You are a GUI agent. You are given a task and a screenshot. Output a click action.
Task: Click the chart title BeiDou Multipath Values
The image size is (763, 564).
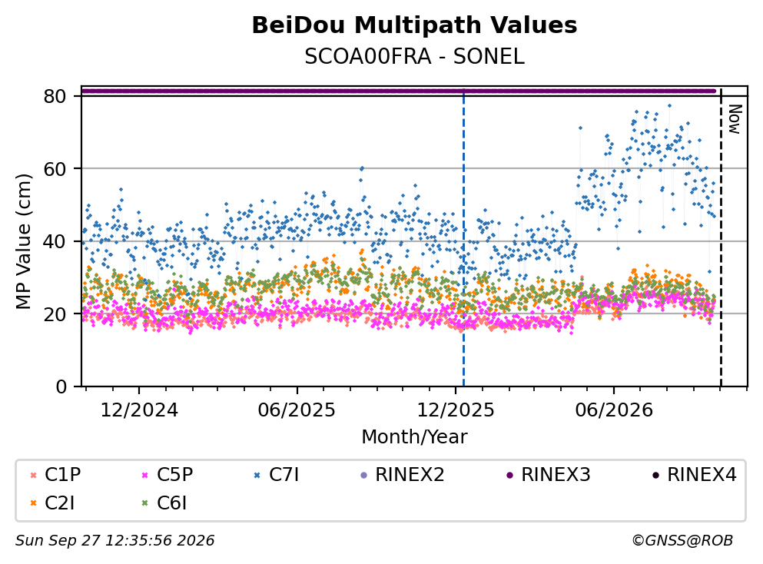tap(414, 25)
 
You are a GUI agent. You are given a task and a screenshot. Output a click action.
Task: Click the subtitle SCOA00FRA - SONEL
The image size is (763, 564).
tap(414, 57)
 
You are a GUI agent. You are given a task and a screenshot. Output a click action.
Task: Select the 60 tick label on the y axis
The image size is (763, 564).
tap(55, 169)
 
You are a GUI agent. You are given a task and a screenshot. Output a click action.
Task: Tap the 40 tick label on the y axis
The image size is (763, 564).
tap(55, 241)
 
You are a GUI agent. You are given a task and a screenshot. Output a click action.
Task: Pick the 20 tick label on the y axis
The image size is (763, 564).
tap(55, 314)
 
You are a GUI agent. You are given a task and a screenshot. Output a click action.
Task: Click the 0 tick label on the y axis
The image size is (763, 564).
tap(61, 387)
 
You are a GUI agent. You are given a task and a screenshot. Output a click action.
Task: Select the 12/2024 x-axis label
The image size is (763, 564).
tap(139, 410)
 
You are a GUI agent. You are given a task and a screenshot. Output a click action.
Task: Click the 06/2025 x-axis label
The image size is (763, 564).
tap(297, 410)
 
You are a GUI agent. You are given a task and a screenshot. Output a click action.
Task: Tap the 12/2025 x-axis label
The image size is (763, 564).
tap(456, 410)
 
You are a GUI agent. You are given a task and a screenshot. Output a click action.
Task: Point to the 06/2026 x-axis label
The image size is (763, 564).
tap(614, 410)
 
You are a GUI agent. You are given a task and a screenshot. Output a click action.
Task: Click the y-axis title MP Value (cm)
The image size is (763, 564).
tap(23, 241)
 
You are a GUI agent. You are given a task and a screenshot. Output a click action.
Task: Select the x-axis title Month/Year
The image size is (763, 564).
tap(414, 437)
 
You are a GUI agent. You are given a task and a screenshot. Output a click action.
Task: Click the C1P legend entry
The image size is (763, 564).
tap(55, 474)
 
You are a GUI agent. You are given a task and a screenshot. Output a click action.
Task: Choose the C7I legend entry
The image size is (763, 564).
tap(277, 474)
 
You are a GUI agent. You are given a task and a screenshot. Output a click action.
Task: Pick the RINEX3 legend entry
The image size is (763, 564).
tap(549, 474)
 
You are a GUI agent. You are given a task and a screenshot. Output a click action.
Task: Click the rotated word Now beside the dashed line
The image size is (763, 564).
tap(735, 119)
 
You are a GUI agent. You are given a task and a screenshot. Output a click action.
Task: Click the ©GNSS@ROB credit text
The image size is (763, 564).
tap(682, 541)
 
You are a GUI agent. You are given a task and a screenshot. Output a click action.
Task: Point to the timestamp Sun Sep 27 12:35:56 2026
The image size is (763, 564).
tap(114, 541)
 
